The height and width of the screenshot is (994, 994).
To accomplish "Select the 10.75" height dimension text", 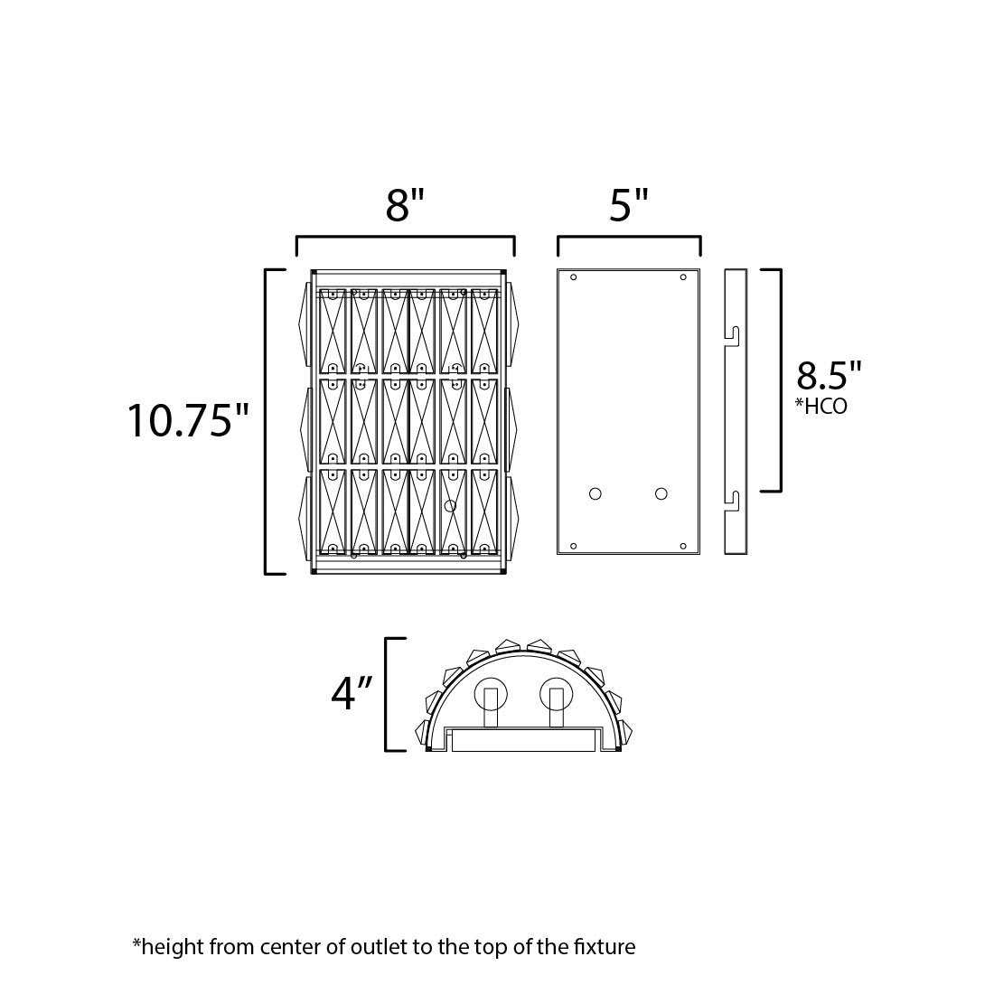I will [188, 420].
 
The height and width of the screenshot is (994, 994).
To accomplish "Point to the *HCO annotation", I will [821, 408].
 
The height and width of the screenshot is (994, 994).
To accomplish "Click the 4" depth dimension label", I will [352, 693].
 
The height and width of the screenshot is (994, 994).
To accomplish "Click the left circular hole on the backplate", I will [595, 493].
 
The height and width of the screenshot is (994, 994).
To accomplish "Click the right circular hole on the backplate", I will [661, 493].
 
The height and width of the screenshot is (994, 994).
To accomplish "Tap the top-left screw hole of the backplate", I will [573, 277].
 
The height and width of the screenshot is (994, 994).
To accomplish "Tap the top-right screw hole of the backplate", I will [683, 277].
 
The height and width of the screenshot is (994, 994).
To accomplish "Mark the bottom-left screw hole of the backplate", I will [573, 546].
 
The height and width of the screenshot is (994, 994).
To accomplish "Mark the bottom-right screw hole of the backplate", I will [683, 546].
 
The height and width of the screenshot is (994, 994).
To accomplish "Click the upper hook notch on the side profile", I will [736, 333].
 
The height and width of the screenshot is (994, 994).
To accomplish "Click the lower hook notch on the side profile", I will [736, 499].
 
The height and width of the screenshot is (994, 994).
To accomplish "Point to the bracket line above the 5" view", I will [629, 238].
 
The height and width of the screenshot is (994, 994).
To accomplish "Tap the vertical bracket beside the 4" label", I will [388, 694].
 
